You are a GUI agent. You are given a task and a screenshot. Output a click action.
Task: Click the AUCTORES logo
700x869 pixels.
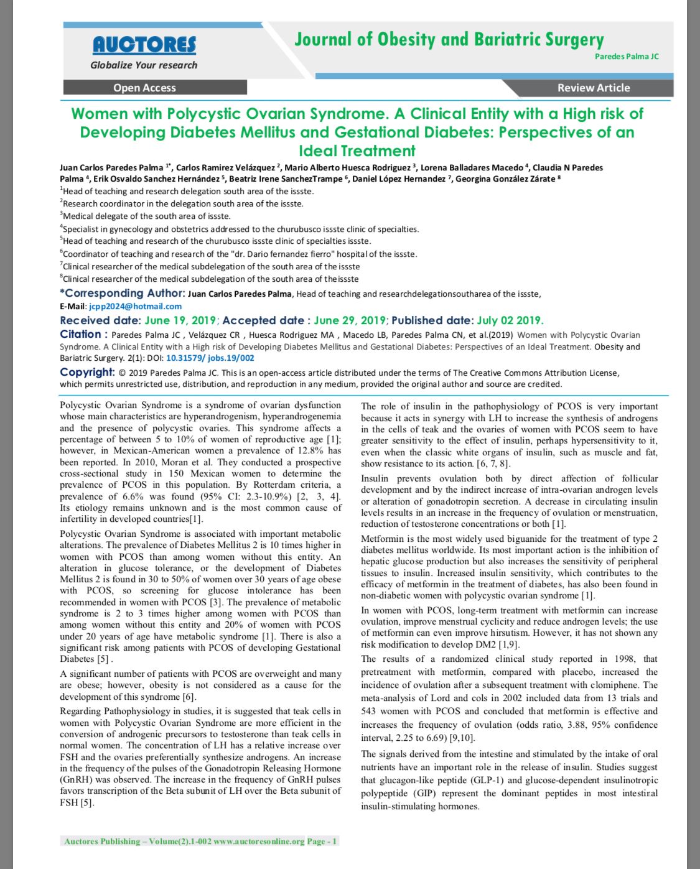(144, 45)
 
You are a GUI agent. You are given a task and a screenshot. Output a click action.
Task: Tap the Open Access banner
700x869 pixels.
(144, 88)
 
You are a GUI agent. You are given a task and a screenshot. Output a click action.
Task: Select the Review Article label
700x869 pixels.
(593, 88)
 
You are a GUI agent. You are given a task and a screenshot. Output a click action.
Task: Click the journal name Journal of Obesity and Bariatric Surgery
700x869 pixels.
(449, 40)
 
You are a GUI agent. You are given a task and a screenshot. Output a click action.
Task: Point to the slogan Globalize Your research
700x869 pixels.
(144, 65)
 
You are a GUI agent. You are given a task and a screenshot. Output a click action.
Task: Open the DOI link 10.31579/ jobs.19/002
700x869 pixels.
(210, 358)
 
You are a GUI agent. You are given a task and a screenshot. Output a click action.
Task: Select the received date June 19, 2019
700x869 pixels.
(180, 320)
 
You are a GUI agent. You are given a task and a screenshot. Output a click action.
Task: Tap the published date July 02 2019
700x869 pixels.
(510, 320)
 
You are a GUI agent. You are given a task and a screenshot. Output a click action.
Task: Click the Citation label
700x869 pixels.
(80, 334)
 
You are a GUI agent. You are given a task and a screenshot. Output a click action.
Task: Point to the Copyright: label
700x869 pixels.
(87, 372)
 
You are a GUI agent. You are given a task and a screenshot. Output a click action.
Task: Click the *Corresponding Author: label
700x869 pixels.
(122, 293)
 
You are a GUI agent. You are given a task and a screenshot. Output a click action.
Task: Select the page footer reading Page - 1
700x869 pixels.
(322, 842)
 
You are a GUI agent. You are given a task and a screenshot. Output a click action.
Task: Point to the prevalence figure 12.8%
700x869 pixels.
(310, 450)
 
